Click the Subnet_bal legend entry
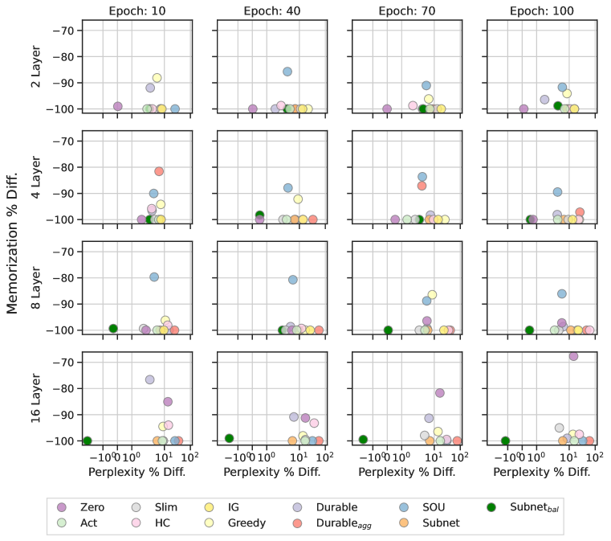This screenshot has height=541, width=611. click(x=530, y=507)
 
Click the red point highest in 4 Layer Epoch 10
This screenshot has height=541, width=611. click(x=159, y=171)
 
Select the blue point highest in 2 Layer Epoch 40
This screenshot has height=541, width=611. click(x=287, y=72)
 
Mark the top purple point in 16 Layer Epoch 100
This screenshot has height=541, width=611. click(x=573, y=356)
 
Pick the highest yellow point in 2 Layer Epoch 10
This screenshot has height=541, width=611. click(x=157, y=78)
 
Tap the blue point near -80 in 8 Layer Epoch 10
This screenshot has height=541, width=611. click(x=154, y=277)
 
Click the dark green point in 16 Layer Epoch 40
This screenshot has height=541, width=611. click(x=229, y=438)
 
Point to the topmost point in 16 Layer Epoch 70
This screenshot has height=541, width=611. click(x=439, y=392)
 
